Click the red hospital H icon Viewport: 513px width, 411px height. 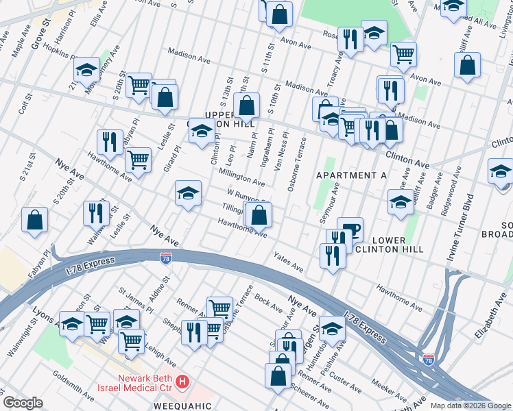click(x=182, y=381)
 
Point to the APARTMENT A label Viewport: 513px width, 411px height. click(x=351, y=176)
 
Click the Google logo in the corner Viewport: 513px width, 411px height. click(x=23, y=403)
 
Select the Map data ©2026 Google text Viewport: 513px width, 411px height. click(x=470, y=406)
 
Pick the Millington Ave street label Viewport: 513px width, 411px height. click(x=241, y=179)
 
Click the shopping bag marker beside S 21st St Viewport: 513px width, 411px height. click(x=34, y=220)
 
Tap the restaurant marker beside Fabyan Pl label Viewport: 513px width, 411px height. click(x=110, y=141)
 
